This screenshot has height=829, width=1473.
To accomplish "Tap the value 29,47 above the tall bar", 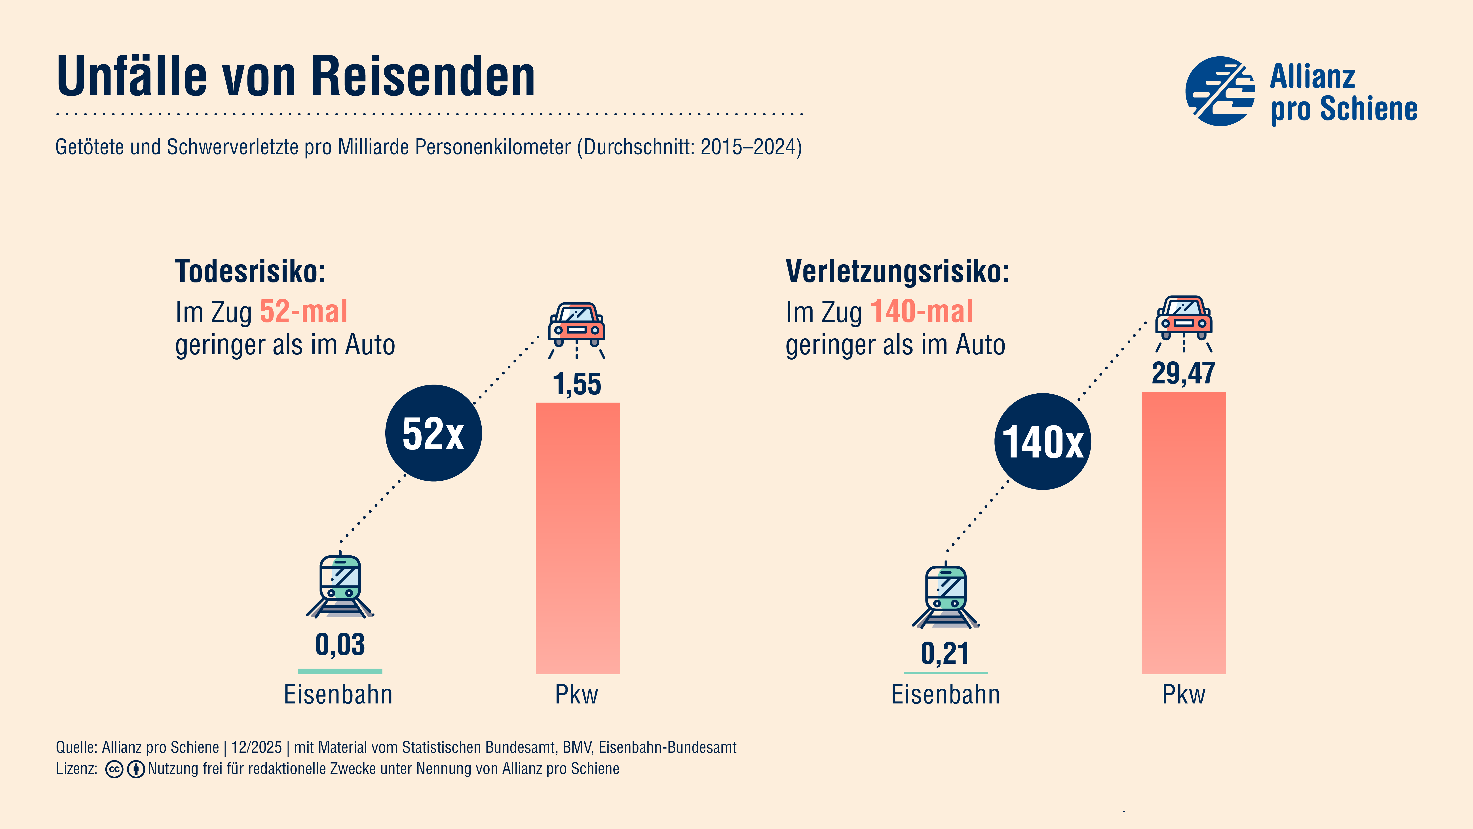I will pos(1183,374).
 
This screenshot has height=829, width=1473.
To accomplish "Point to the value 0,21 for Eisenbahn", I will pos(945,653).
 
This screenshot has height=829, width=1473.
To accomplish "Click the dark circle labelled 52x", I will pos(433,433).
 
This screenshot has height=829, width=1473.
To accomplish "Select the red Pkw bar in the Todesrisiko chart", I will pos(578,538).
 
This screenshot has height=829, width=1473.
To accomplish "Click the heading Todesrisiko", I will pos(250,271).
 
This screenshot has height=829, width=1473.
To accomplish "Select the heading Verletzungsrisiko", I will pos(897,271).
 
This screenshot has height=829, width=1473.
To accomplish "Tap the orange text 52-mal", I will pos(304,312).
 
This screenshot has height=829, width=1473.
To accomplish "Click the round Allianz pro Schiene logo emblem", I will pos(1220,91).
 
